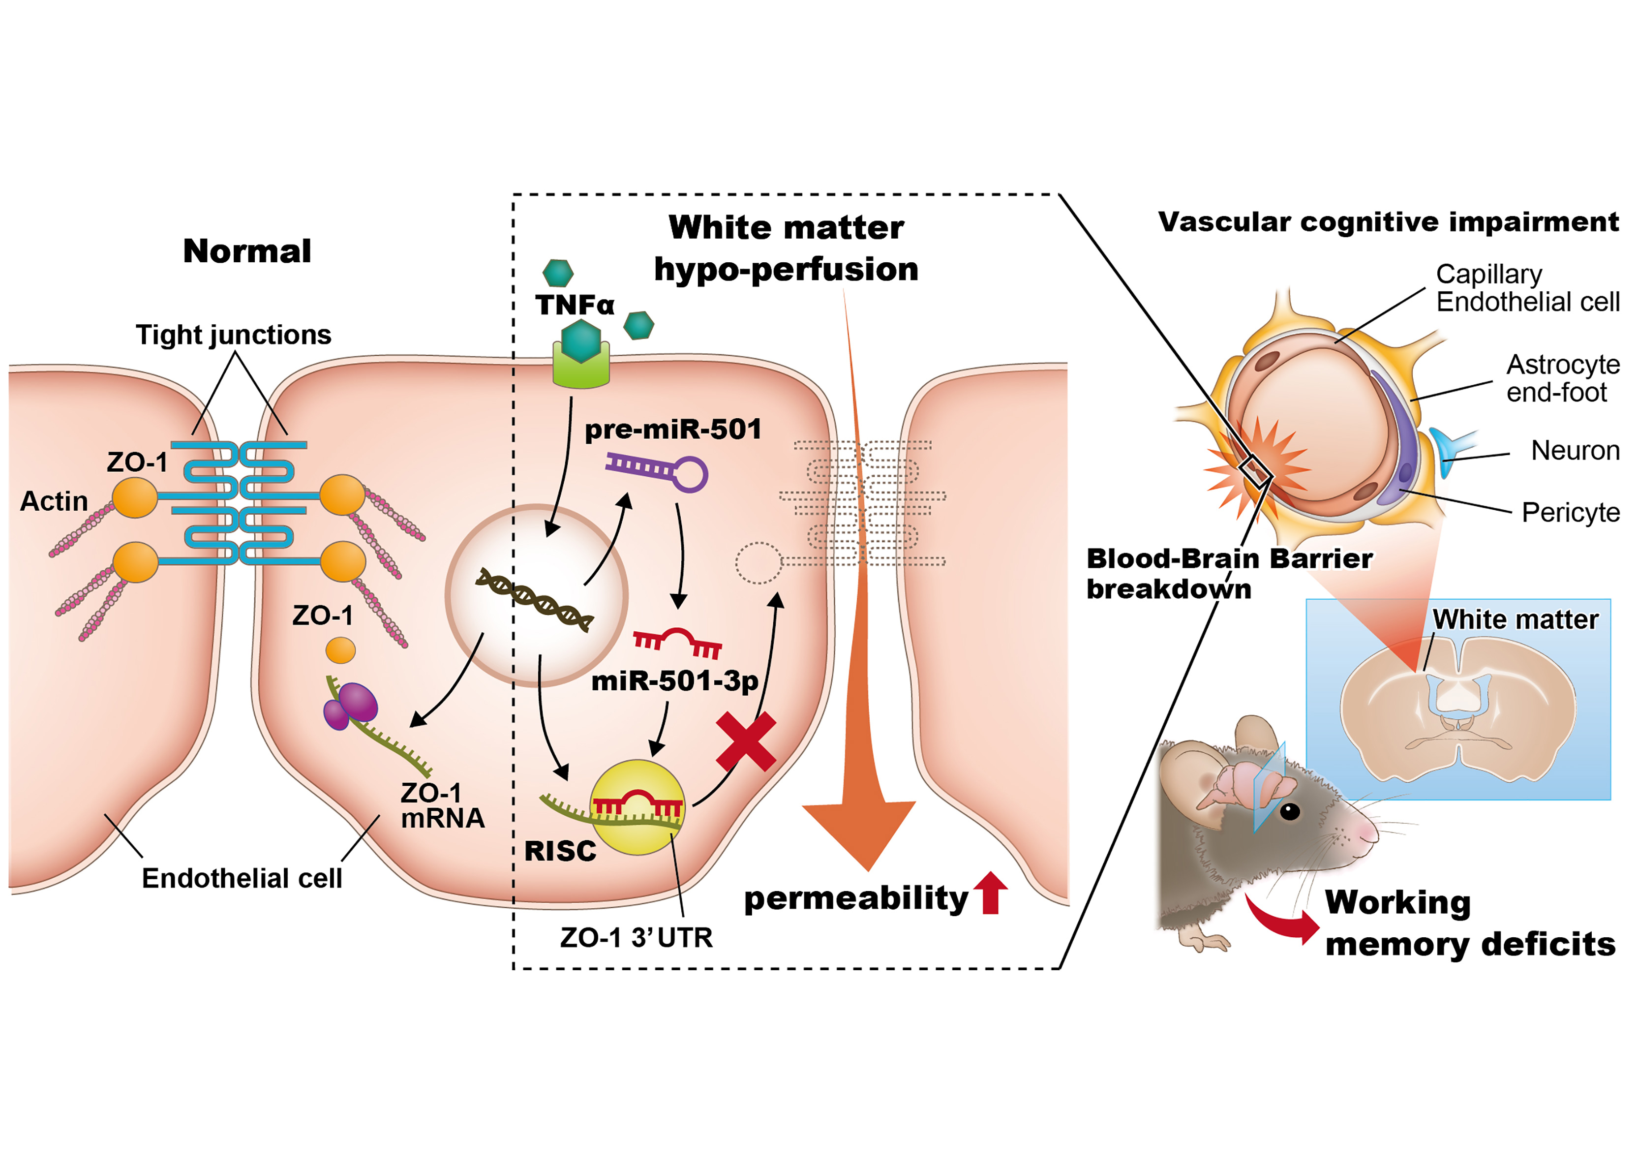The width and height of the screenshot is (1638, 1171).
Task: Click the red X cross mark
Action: (x=746, y=742)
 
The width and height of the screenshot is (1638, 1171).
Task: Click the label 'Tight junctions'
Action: (x=234, y=335)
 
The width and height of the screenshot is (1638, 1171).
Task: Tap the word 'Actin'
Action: (x=54, y=501)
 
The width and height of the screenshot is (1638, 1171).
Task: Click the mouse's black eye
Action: (x=1289, y=811)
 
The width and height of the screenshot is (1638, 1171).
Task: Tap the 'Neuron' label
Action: (x=1575, y=451)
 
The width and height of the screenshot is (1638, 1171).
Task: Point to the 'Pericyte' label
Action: (x=1570, y=513)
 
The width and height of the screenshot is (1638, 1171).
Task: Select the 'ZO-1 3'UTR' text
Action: (x=636, y=937)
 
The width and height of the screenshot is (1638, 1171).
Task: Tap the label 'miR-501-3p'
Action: (x=674, y=681)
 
